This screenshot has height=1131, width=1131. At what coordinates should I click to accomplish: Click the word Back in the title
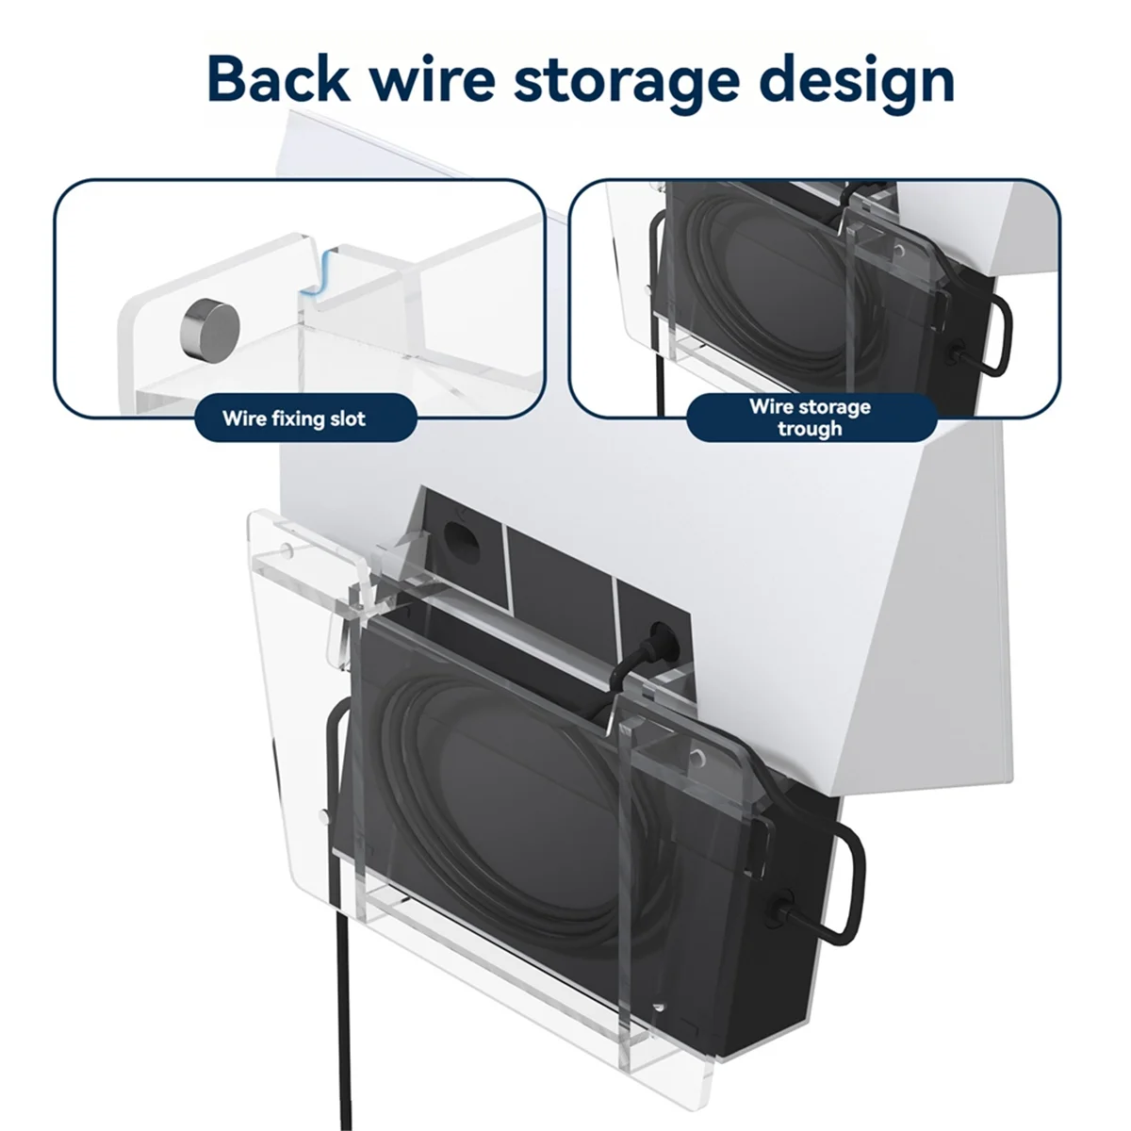point(277,79)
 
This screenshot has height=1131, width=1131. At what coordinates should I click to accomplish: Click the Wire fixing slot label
point(294,418)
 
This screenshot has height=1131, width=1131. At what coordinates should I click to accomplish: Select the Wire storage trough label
point(810,418)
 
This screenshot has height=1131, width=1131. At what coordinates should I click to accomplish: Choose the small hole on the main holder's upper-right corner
point(698,756)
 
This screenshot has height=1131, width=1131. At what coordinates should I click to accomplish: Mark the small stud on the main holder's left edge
point(324,812)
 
